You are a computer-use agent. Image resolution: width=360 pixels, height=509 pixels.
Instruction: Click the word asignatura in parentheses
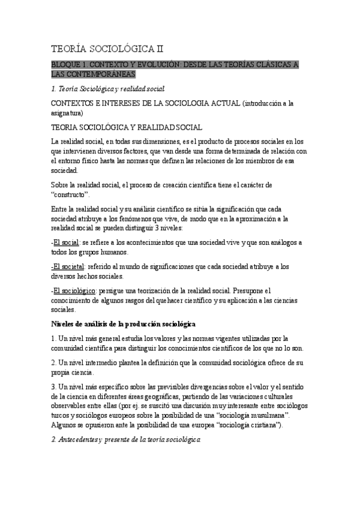[68, 112]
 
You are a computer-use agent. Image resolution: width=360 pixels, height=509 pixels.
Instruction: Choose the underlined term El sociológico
[77, 291]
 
